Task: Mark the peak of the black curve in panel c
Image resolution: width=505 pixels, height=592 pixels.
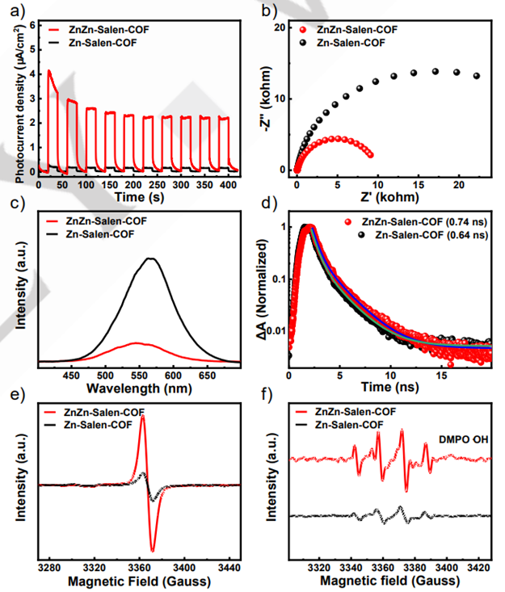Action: point(150,258)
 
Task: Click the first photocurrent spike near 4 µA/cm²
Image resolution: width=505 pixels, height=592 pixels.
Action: point(48,71)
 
